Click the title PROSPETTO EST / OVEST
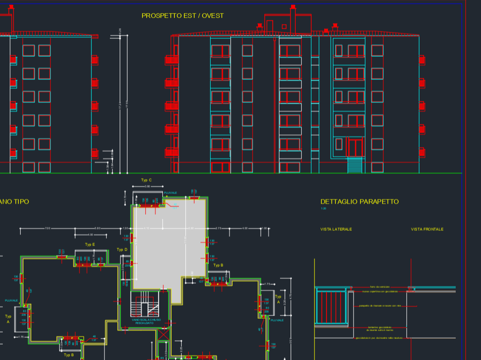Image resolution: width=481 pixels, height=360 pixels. (183, 16)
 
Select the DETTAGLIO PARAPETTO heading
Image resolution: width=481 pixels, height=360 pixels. (359, 201)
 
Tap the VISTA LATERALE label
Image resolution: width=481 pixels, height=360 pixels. (336, 229)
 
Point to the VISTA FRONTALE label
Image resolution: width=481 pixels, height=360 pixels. (427, 229)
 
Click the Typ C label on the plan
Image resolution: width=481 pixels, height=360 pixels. (146, 180)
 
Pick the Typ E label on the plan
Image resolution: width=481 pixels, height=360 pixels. (90, 245)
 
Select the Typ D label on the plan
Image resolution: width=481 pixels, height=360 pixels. (122, 250)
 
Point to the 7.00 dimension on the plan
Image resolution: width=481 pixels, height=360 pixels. (47, 229)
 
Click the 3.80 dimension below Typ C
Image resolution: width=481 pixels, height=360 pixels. (147, 187)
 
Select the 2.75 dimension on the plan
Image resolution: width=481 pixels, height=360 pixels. (219, 229)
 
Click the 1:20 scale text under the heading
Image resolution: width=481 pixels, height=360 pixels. (323, 209)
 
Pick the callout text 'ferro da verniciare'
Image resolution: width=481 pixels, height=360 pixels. (379, 287)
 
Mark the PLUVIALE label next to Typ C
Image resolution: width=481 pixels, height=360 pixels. (171, 193)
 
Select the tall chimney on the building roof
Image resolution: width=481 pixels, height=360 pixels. (293, 18)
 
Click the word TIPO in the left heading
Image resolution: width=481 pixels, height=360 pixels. (21, 201)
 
